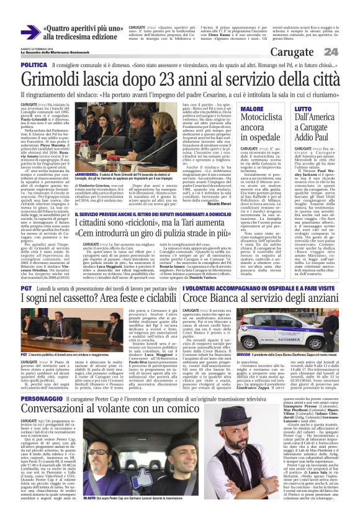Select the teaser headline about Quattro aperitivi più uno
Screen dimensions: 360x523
78,32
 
